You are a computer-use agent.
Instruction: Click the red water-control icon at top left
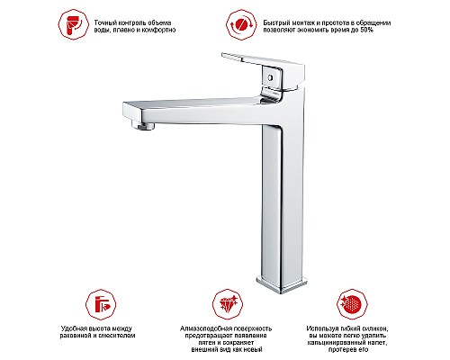tap(73, 24)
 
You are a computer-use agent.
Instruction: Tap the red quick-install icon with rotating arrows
tap(241, 24)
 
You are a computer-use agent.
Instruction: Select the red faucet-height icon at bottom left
tap(101, 305)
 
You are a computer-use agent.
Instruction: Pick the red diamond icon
tap(228, 305)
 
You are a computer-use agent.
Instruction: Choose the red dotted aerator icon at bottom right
tap(352, 305)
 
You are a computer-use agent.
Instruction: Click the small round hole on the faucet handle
tap(270, 77)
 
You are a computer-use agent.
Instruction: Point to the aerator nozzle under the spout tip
tap(142, 124)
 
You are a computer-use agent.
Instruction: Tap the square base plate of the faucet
tap(282, 284)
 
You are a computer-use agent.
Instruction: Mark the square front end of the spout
tap(133, 112)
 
